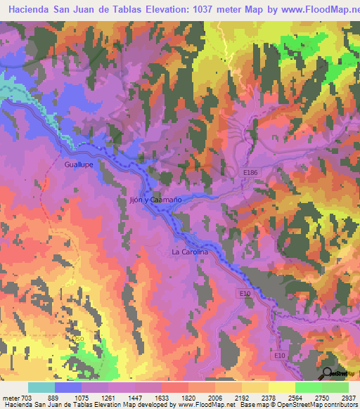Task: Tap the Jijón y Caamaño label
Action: tap(156, 200)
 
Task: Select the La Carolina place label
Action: tap(190, 252)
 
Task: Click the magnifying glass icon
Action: tap(328, 374)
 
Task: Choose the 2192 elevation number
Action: tap(241, 397)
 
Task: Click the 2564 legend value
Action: tap(295, 397)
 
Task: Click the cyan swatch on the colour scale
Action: tap(41, 387)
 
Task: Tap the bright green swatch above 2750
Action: tap(308, 387)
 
